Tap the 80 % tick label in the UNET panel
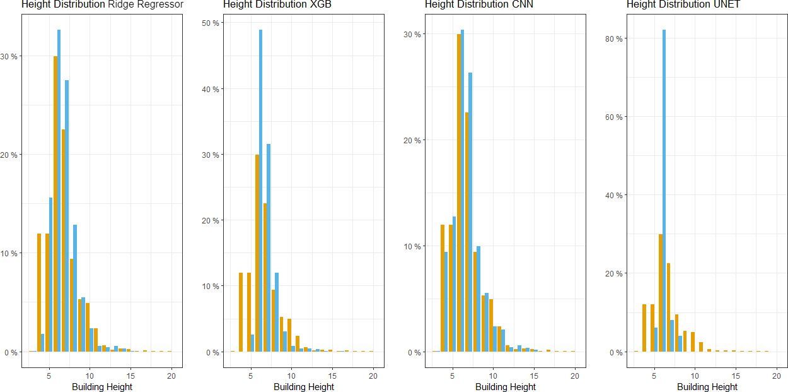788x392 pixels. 614,39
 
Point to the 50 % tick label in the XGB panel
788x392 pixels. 211,23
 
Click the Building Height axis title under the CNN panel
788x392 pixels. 506,386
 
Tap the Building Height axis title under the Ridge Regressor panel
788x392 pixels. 102,386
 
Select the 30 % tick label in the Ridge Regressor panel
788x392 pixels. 9,56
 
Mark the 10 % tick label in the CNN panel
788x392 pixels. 412,246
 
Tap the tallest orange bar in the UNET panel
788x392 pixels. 660,293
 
